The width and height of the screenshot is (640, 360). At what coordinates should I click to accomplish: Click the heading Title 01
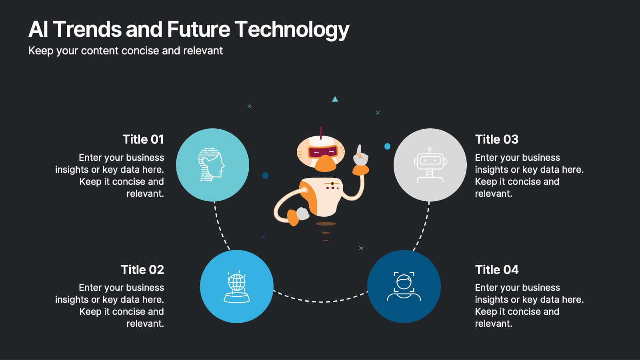143,139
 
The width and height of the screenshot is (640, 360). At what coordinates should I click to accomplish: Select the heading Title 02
142,270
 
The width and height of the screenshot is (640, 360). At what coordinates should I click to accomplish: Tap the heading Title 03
496,139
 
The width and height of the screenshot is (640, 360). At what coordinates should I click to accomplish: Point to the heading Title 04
496,270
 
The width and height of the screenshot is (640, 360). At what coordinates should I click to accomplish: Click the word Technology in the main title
292,30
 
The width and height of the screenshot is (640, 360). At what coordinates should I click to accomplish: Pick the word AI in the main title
38,30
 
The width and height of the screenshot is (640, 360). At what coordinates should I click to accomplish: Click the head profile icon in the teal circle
211,164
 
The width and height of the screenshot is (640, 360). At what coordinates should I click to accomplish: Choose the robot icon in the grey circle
430,165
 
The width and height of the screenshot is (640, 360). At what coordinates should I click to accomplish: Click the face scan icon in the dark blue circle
404,286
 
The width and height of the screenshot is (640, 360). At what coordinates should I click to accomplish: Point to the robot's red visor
322,152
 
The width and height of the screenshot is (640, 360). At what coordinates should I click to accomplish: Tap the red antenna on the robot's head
320,132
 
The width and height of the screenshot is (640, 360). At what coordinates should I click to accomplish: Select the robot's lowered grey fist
303,214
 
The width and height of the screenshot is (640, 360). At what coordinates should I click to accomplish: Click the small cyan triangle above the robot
335,99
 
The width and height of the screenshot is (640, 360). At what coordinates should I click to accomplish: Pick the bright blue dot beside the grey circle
387,146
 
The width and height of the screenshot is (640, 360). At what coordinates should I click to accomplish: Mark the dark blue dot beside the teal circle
265,175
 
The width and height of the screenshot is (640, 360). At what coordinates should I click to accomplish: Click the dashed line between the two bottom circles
320,301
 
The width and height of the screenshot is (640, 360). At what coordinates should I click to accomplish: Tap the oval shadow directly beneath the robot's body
326,224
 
